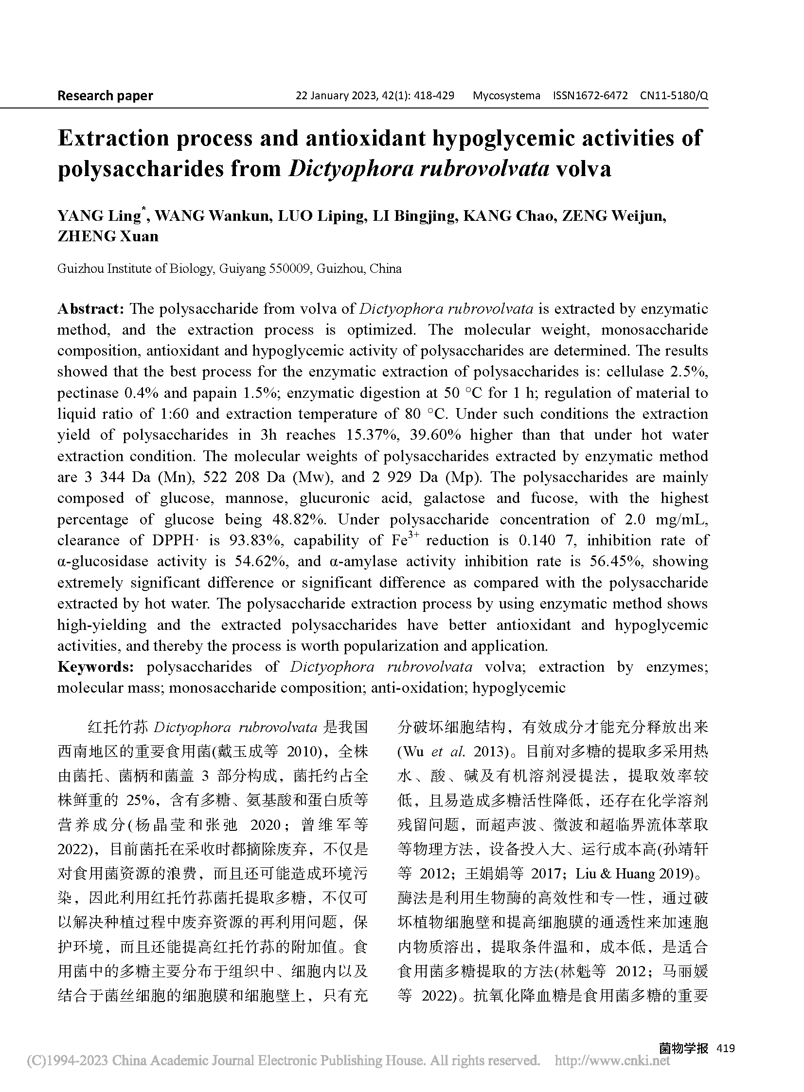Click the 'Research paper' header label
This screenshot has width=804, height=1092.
point(105,95)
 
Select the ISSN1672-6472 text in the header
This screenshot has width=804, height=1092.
point(590,95)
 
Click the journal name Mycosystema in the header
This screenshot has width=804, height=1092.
point(506,95)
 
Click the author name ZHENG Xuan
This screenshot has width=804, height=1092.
point(108,236)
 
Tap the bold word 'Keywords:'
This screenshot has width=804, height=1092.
point(95,667)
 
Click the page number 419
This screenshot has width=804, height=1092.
point(726,1048)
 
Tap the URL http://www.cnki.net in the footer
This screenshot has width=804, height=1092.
point(612,1060)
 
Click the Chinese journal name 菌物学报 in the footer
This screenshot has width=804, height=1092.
point(683,1048)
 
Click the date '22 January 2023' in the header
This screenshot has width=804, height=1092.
point(335,95)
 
